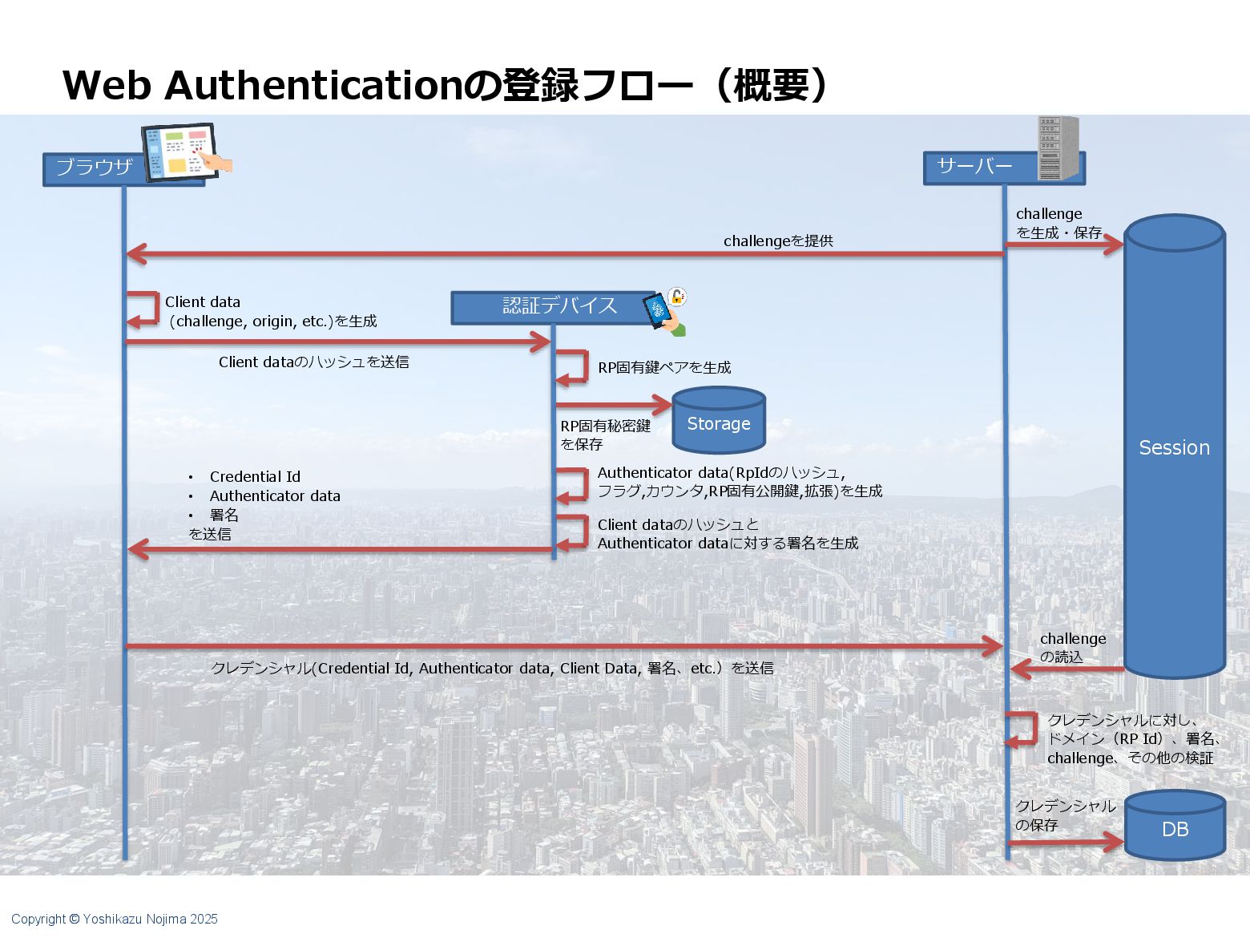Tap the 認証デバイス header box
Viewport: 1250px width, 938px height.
(x=553, y=307)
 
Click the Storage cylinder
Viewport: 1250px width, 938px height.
(x=719, y=423)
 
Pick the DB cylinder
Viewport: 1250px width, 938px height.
(x=1175, y=828)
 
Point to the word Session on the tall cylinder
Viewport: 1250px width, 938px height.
(x=1174, y=447)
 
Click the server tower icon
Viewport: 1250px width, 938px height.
(x=1058, y=148)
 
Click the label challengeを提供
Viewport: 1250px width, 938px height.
(x=778, y=241)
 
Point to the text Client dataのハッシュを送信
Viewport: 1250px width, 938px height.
(x=313, y=362)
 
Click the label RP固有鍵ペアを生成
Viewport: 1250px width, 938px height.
(x=664, y=367)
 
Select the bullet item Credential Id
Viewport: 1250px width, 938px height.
(x=255, y=476)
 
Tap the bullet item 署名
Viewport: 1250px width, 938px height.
(x=224, y=515)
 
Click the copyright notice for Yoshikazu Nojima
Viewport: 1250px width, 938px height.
(x=115, y=919)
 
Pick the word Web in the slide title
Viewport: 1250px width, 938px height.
(x=107, y=85)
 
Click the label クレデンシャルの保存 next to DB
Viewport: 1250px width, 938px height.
(x=1064, y=815)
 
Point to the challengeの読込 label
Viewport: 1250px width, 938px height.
(x=1072, y=648)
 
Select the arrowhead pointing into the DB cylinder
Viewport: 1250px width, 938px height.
(x=1115, y=842)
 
